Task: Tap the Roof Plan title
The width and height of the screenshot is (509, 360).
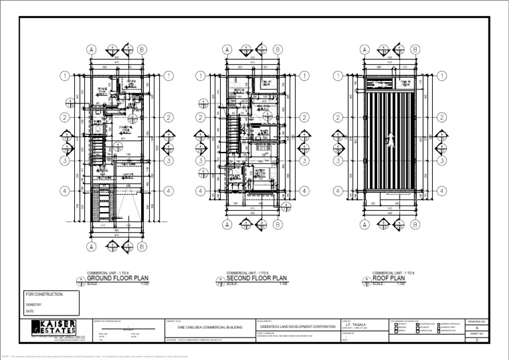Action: coord(389,278)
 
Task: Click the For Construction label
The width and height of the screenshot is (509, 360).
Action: coord(44,294)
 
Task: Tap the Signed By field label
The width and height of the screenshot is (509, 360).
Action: coord(34,304)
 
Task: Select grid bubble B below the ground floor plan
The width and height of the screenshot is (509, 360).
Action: coord(142,247)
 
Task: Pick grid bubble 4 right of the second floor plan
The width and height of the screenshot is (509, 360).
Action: coord(306,191)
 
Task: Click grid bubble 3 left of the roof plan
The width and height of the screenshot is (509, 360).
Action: coord(338,160)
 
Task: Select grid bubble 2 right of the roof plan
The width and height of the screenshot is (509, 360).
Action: coord(442,118)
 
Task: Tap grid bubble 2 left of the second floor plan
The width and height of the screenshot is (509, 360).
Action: coord(200,118)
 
